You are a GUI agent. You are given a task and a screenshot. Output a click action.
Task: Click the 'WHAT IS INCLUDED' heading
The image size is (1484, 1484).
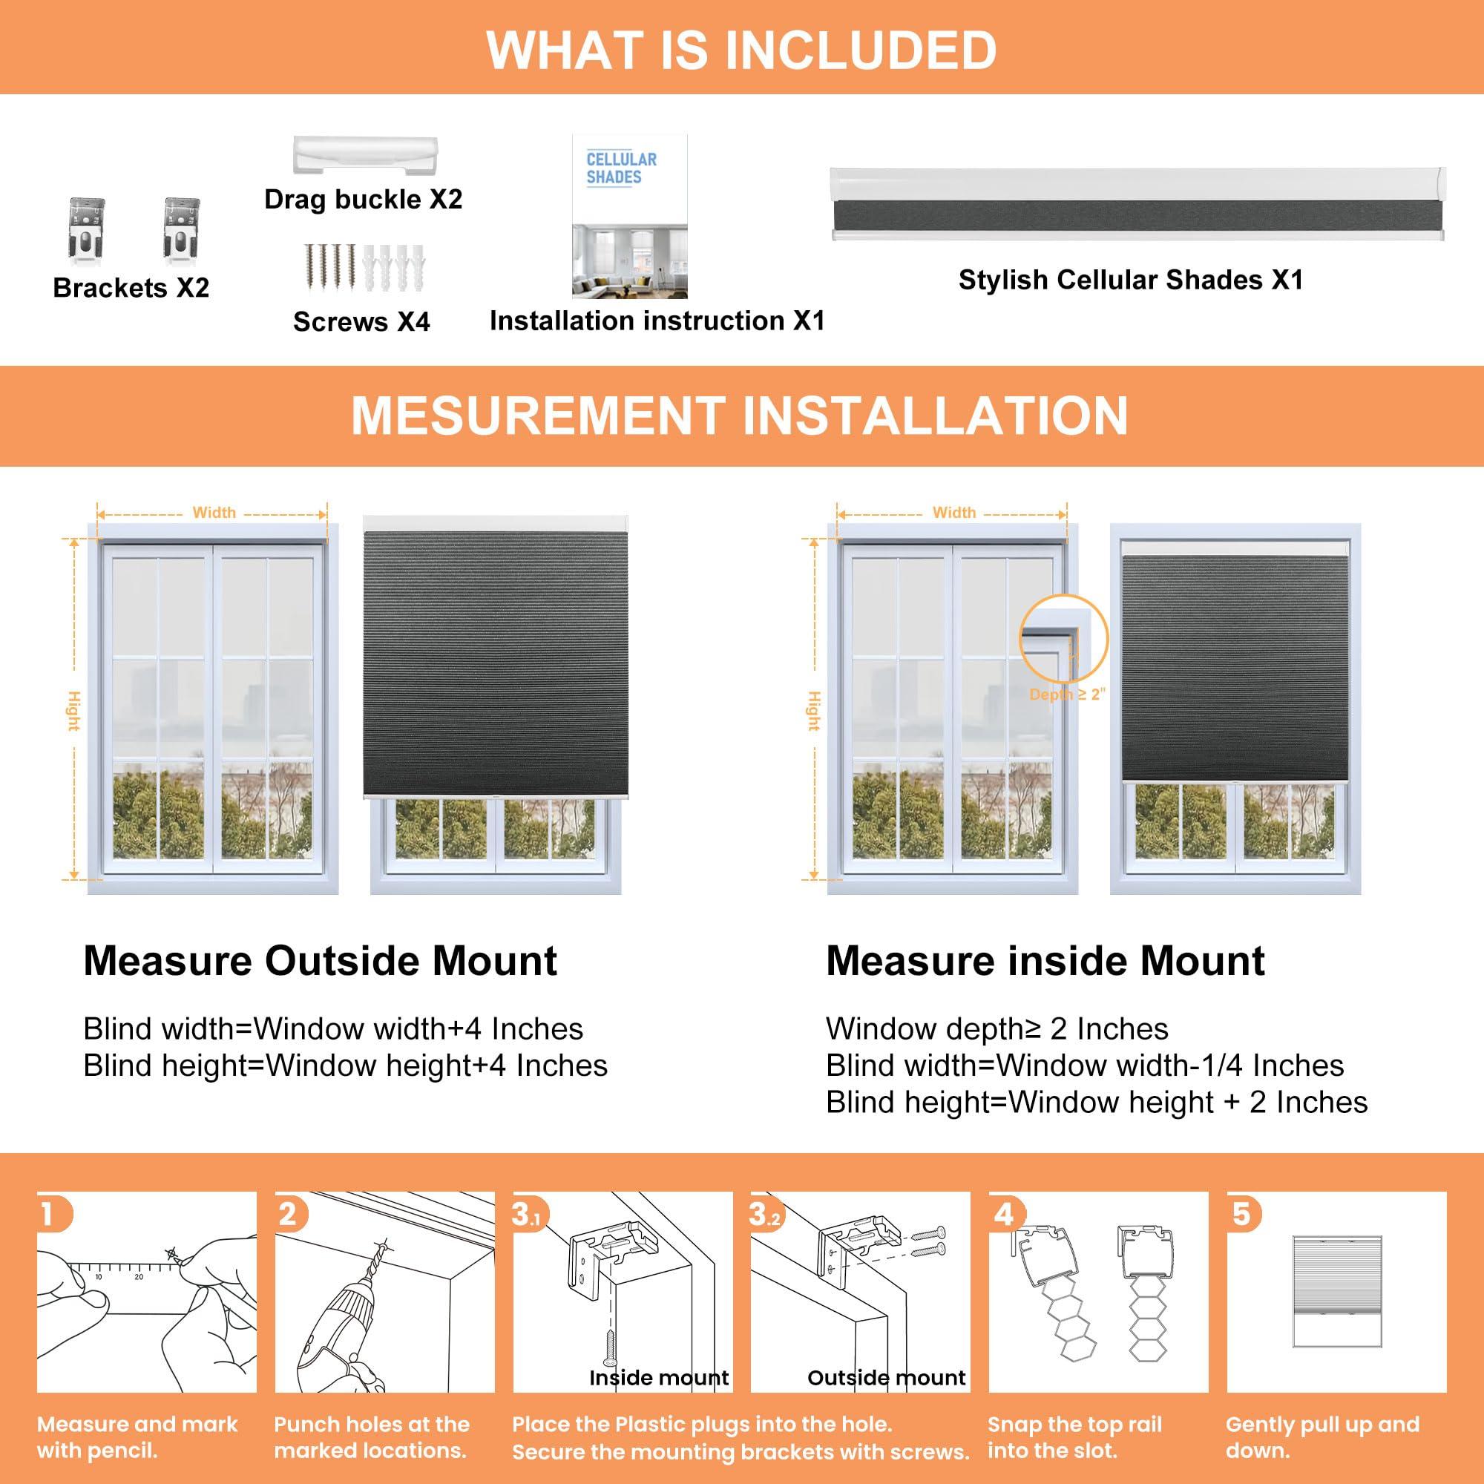(741, 49)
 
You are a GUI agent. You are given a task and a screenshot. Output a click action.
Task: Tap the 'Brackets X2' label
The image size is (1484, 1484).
(131, 288)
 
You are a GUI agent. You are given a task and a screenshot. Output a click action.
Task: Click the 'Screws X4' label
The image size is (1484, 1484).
(361, 322)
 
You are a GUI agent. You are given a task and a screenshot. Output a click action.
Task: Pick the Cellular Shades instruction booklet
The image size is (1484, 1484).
(629, 216)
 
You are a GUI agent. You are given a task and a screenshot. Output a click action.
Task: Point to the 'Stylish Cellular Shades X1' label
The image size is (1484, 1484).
(1130, 280)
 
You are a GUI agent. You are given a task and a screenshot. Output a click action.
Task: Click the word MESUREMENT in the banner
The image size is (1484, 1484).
(539, 416)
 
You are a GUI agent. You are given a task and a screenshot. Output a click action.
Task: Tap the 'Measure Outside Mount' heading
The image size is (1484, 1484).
(320, 961)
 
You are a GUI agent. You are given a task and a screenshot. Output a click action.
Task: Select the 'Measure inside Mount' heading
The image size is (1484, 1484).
(1045, 961)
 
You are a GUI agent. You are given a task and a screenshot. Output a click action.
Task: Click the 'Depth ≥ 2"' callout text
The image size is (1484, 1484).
(1066, 694)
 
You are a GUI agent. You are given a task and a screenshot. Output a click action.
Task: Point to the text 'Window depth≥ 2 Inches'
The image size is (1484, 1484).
(997, 1028)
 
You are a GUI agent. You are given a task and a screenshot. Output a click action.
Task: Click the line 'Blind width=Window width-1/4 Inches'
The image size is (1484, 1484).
(1085, 1066)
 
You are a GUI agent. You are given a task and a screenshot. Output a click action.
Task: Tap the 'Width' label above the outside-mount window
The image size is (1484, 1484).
(214, 512)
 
